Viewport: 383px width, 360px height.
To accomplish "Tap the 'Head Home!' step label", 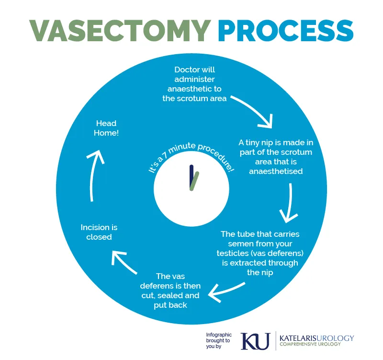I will coord(107,128).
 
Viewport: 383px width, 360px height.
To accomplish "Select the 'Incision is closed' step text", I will coord(99,232).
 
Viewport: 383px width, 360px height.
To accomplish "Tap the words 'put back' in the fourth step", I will coord(170,305).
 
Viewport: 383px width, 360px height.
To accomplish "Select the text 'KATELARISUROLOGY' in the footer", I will coord(316,338).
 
